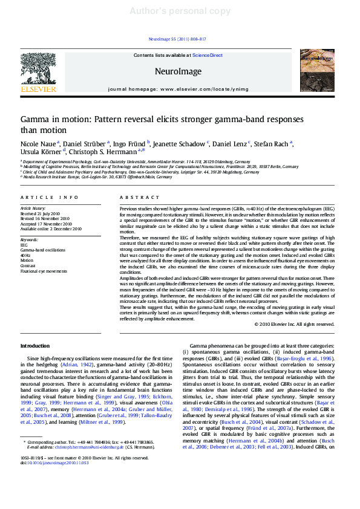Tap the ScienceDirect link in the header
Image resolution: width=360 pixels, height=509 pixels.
[x=207, y=55]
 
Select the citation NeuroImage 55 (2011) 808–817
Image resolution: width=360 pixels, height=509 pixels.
[x=177, y=39]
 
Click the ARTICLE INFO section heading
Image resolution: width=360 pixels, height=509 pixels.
[x=50, y=198]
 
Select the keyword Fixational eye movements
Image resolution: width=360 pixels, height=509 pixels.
[x=44, y=271]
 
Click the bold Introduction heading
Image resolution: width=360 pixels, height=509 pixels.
[x=36, y=346]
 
